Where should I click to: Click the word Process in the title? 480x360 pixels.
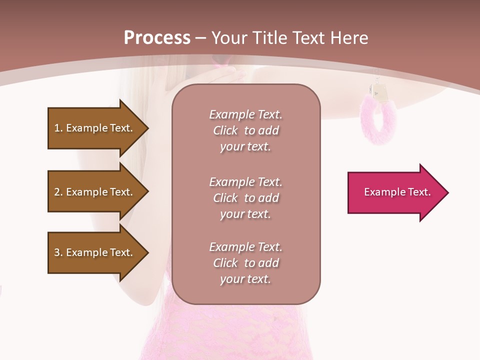click(x=157, y=38)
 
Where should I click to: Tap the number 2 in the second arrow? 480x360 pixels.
click(x=57, y=192)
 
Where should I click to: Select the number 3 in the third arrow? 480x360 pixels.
click(x=57, y=252)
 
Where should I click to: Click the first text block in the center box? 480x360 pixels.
click(x=245, y=130)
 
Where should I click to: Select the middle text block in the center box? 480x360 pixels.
click(x=245, y=197)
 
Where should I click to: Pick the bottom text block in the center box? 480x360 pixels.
click(x=245, y=262)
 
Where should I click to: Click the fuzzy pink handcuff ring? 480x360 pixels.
click(x=378, y=120)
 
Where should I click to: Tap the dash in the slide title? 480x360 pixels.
click(x=201, y=38)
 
